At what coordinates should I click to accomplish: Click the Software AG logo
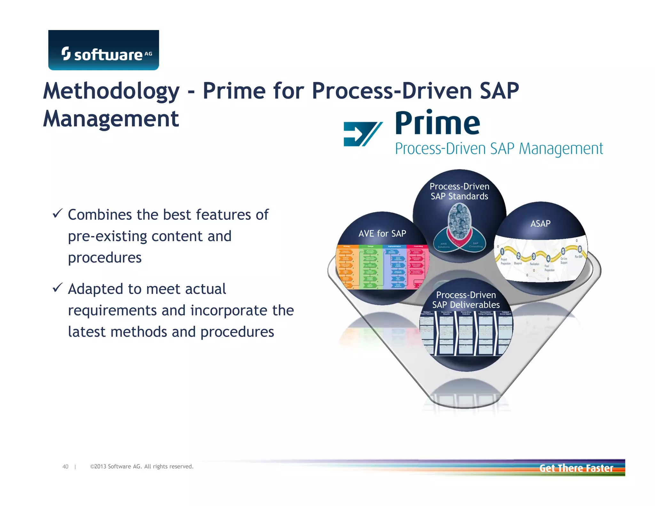coord(103,50)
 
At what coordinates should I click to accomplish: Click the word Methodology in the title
coord(111,91)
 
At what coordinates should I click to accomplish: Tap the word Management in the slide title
coord(111,119)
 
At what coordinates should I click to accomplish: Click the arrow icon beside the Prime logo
coord(362,134)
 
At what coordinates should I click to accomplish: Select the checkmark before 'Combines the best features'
coord(57,213)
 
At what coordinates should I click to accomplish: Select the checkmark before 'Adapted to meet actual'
coord(57,288)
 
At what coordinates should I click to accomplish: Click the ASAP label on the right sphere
coord(541,224)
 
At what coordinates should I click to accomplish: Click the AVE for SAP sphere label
coord(382,233)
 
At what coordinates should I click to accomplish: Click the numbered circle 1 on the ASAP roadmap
coord(502,251)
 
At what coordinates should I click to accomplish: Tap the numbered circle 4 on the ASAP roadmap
coord(548,258)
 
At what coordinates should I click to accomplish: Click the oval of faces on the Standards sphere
coord(459,221)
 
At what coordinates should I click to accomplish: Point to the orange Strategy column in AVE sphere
coord(346,267)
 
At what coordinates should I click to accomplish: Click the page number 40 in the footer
coord(65,467)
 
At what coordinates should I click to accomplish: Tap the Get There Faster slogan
coord(576,468)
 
